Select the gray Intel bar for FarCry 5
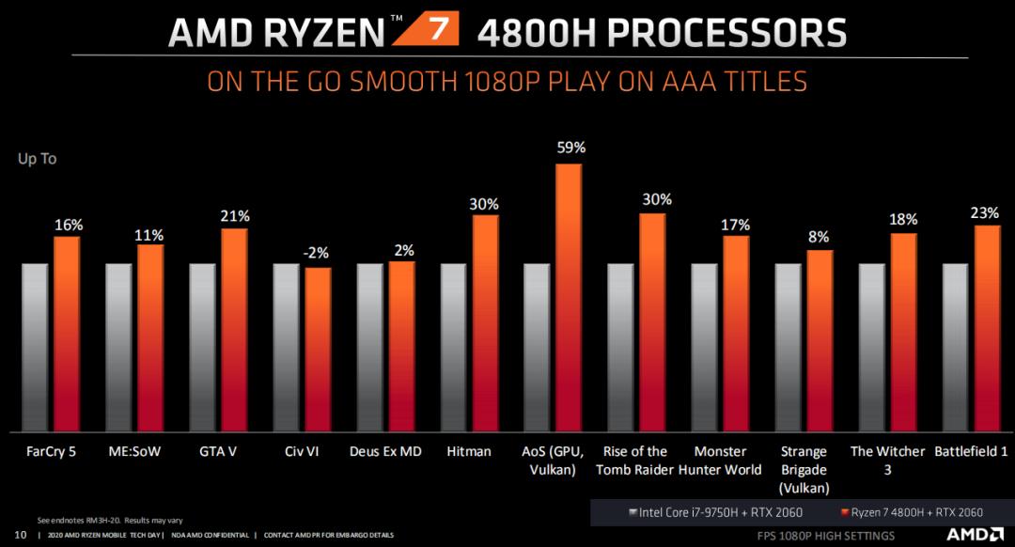click(35, 348)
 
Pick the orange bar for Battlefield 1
click(987, 328)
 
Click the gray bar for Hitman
click(453, 348)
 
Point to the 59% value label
click(570, 148)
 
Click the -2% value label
click(317, 253)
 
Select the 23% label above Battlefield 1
click(984, 212)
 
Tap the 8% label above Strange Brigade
click(820, 237)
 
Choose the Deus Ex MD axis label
click(385, 451)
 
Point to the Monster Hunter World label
click(721, 460)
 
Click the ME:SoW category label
click(134, 451)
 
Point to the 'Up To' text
click(38, 159)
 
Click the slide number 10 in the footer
click(21, 535)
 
